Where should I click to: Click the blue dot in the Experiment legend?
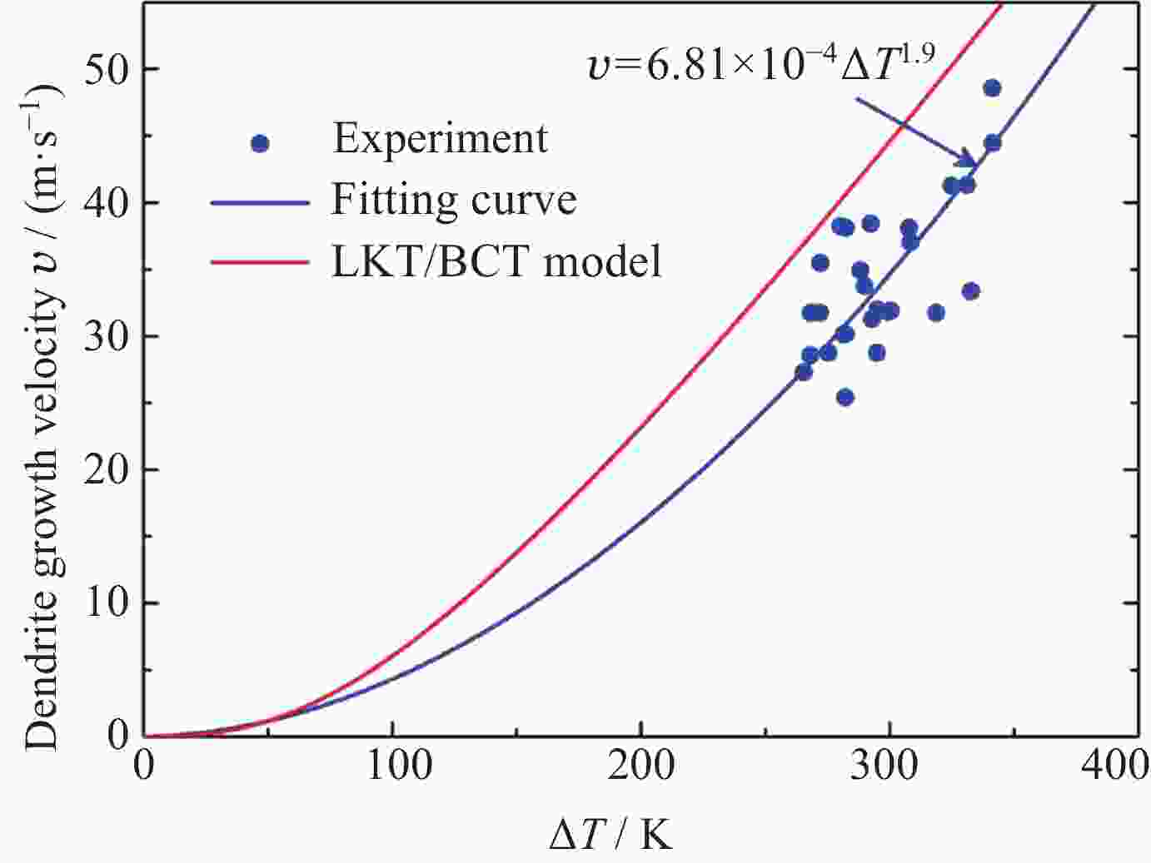(260, 143)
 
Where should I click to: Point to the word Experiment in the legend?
(440, 138)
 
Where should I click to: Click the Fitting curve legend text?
(454, 200)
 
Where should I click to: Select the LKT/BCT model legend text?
(496, 261)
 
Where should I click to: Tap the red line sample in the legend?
(260, 261)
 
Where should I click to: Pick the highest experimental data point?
(991, 88)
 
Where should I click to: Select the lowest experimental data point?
(845, 397)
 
